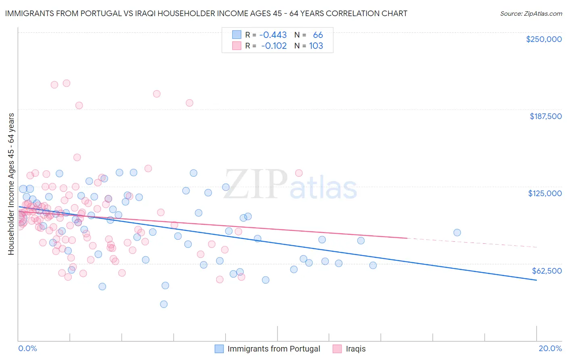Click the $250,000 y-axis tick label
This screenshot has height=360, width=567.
[x=544, y=39]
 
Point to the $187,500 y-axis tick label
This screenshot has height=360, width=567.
[x=545, y=116]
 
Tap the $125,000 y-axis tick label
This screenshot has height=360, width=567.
[x=544, y=193]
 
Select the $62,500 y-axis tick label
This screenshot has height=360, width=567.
[x=546, y=271]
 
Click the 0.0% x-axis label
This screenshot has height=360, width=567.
[x=27, y=348]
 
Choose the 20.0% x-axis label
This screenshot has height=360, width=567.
[x=550, y=348]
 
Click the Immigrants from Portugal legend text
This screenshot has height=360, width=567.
[x=273, y=349]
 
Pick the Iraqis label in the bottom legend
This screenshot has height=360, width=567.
[x=356, y=349]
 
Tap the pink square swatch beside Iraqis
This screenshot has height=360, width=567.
[x=337, y=349]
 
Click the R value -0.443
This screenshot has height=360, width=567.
[x=273, y=35]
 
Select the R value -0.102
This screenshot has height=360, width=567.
[x=274, y=46]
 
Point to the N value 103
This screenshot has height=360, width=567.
[x=316, y=46]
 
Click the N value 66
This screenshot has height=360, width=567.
[x=318, y=35]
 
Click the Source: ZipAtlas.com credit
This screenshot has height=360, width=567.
[x=531, y=13]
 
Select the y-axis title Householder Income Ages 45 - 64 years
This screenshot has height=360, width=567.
[x=11, y=184]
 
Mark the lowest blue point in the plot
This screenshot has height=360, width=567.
[x=164, y=304]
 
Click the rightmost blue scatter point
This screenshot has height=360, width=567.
[x=457, y=232]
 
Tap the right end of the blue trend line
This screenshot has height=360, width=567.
[x=536, y=280]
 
